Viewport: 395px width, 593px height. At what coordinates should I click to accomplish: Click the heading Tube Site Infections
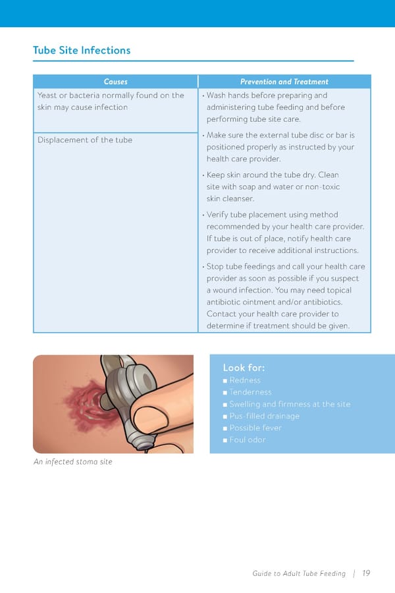tap(82, 50)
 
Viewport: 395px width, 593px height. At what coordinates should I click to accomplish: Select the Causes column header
tap(115, 82)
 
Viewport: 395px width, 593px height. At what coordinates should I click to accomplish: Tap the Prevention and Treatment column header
tap(284, 82)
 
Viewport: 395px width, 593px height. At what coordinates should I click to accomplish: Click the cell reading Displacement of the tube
tap(85, 140)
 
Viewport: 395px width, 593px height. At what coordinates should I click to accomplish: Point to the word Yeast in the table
tap(48, 96)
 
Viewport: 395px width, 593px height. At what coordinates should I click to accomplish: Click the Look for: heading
tap(244, 368)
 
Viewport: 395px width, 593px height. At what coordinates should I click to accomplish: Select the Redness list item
tap(245, 380)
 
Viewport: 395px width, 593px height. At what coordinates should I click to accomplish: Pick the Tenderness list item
tap(250, 392)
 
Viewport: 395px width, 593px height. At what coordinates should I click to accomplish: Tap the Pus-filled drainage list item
tap(264, 416)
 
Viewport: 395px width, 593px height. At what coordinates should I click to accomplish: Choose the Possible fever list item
tap(255, 428)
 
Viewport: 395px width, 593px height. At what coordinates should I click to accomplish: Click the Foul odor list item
tap(248, 439)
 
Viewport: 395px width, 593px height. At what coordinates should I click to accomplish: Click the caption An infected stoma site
tap(72, 462)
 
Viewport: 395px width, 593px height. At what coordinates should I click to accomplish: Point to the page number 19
tap(366, 573)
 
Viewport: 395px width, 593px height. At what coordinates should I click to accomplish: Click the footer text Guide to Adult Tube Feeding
tap(299, 573)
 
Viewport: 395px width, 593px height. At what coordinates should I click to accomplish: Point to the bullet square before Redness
tap(225, 381)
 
